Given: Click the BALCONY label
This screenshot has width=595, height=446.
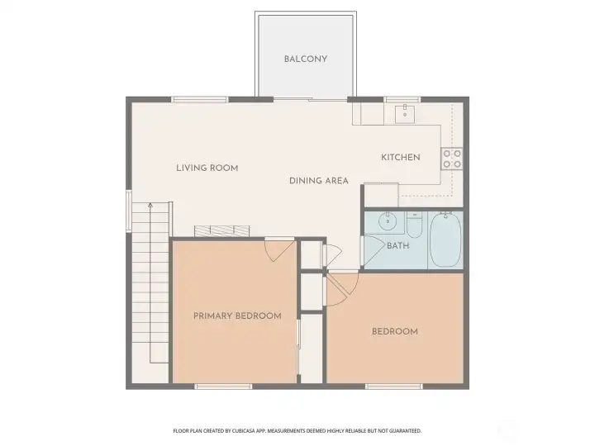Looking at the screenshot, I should [x=306, y=59].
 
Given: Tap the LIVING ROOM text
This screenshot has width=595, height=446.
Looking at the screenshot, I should [x=207, y=168].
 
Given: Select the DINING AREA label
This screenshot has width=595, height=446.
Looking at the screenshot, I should [x=318, y=180].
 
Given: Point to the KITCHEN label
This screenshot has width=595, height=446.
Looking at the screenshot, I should [x=401, y=157].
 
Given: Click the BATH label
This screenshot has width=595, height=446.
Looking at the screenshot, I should [x=397, y=245].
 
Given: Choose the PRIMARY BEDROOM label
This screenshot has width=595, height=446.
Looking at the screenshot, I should [x=237, y=316].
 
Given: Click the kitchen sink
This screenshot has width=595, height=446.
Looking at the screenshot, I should [x=405, y=114].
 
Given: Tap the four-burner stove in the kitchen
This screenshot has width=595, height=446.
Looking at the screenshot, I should [x=451, y=158].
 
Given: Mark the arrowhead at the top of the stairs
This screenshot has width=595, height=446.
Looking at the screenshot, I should [x=150, y=203].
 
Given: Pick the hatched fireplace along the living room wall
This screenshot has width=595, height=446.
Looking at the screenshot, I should [x=222, y=230].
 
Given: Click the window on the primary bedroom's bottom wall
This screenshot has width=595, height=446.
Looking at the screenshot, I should [x=222, y=386].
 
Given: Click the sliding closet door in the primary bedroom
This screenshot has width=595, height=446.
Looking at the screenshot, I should [x=298, y=347].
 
